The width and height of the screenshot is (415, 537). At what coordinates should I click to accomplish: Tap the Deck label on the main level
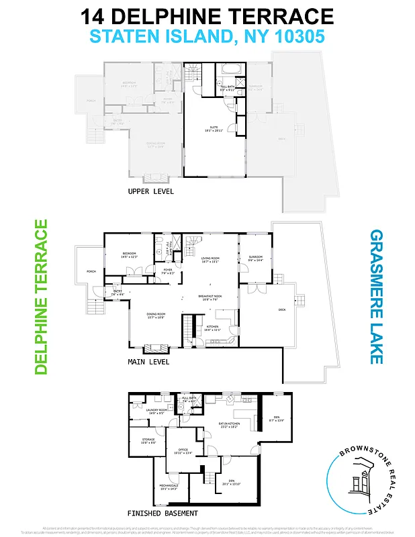click(282, 309)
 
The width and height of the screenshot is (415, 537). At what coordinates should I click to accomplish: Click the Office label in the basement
click(183, 451)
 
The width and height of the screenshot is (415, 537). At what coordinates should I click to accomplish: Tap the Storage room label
click(148, 441)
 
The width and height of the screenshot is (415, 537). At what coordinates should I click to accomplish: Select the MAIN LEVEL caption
click(148, 362)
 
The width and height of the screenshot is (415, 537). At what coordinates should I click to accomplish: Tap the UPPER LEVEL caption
click(150, 191)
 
